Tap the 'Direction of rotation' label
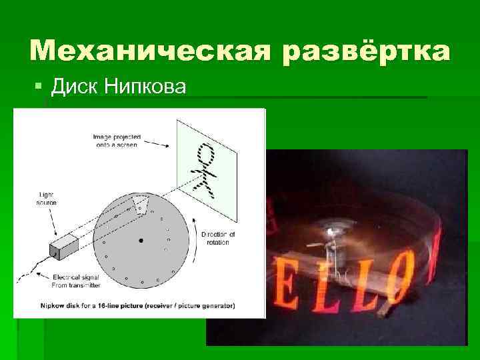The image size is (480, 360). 217,238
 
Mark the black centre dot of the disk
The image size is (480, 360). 141,240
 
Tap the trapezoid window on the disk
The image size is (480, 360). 139,203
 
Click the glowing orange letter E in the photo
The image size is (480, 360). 298,294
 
